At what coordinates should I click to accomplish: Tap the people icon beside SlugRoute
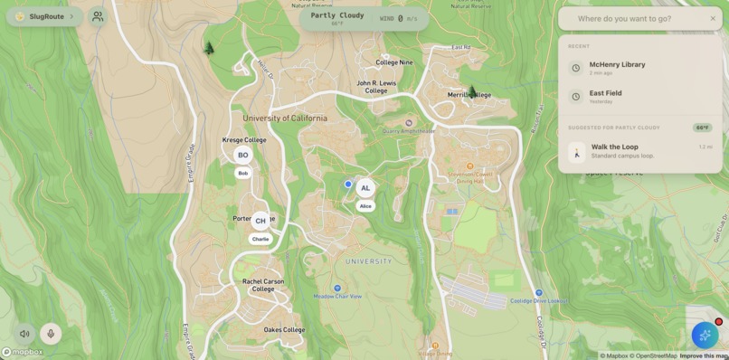tap(98, 16)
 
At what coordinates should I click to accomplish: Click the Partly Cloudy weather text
tap(336, 15)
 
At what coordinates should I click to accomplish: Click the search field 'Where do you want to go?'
tap(638, 18)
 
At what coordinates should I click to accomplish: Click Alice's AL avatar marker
tap(365, 188)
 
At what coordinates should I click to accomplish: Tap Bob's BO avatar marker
tap(242, 156)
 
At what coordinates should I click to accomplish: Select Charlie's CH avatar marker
tap(260, 221)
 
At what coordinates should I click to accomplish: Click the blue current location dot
tap(348, 184)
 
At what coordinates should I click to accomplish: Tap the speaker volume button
tap(24, 334)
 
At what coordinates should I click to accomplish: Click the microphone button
tap(51, 334)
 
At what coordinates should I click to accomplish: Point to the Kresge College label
tap(244, 140)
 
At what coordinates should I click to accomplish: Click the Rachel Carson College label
tap(263, 285)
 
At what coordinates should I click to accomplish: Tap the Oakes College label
tap(284, 330)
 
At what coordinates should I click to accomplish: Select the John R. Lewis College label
tap(376, 87)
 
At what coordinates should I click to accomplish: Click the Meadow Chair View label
tap(337, 297)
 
